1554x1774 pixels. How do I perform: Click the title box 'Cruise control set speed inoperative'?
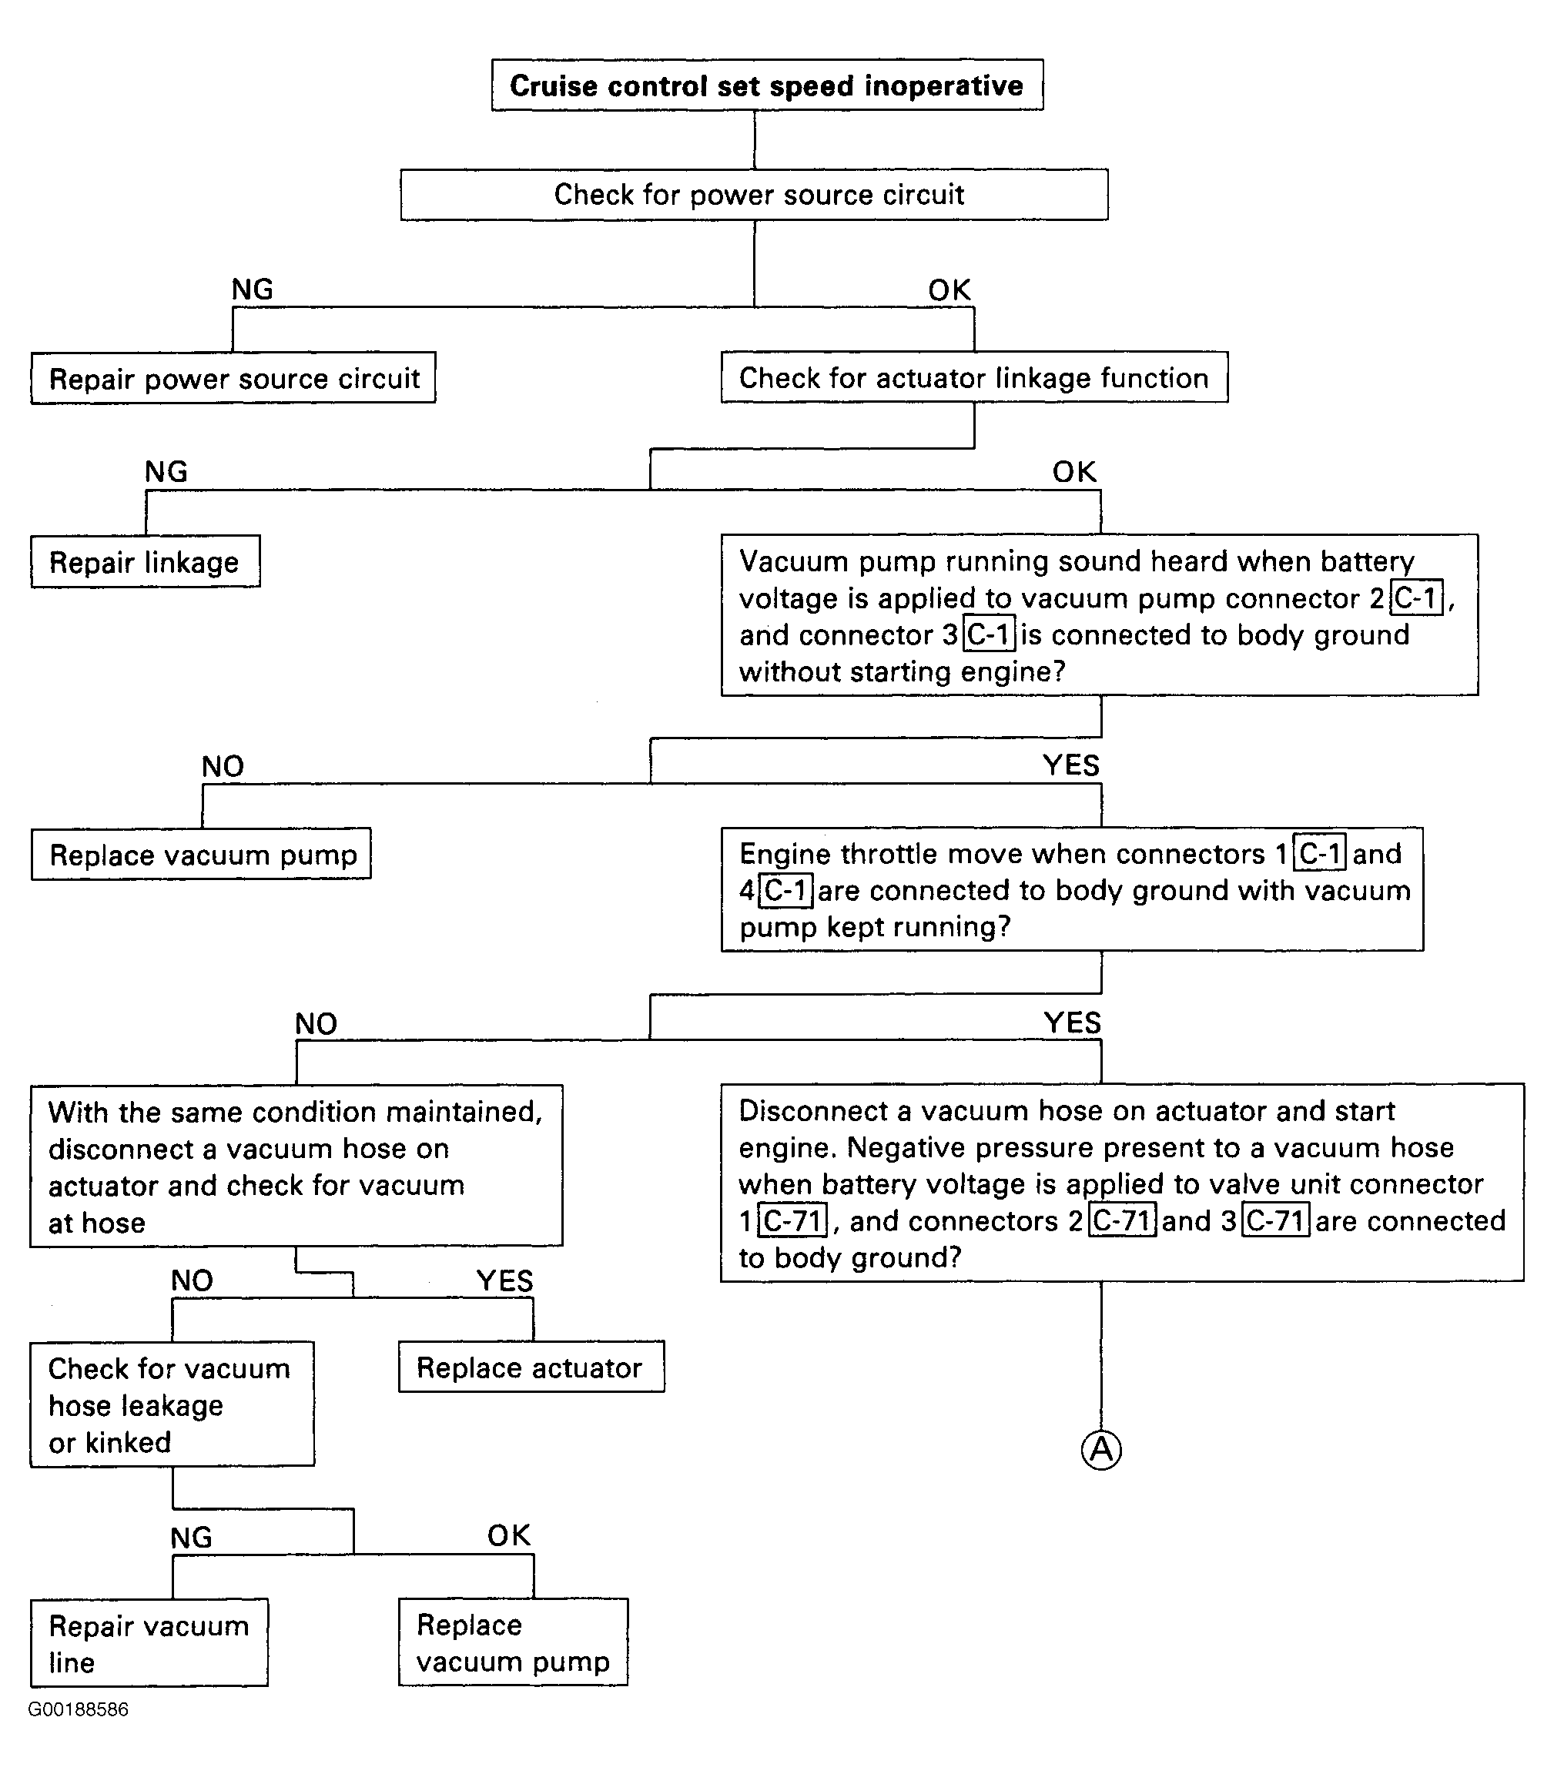766,85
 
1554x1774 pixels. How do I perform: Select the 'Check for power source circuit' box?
754,194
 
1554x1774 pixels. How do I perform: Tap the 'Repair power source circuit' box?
233,378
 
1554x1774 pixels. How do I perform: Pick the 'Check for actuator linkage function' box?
974,377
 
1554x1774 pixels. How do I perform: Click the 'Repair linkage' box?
145,562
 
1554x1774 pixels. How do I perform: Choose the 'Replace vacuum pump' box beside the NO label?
201,854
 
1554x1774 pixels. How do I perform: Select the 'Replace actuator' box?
531,1367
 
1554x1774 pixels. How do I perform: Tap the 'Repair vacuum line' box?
149,1643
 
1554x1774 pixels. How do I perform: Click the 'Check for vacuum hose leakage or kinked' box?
172,1404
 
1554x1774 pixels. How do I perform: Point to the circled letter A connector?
1101,1449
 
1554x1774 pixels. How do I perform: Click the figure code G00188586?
78,1709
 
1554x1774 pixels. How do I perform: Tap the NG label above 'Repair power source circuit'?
253,290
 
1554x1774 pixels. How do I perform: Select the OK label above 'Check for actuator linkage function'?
949,290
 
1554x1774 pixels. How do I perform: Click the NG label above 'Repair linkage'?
166,472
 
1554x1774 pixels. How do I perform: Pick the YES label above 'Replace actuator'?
504,1280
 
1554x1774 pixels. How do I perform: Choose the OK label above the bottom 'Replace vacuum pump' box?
508,1535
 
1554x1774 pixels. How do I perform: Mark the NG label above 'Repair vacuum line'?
191,1538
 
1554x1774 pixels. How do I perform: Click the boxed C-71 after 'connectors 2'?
1122,1221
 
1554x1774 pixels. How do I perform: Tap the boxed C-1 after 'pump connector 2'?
1417,598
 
